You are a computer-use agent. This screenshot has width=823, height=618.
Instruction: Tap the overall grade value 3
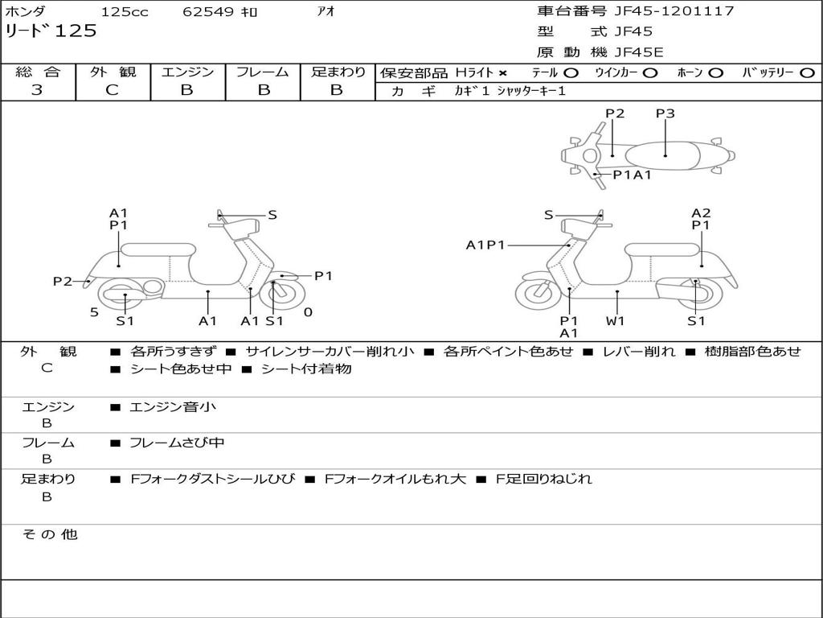point(37,90)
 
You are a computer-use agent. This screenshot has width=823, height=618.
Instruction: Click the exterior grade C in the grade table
point(113,90)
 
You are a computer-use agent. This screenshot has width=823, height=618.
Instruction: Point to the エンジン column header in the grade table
point(188,72)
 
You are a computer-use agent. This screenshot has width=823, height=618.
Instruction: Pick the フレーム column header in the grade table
point(263,72)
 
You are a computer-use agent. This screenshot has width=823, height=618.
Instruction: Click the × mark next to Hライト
point(502,72)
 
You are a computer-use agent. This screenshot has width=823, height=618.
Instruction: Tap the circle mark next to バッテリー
point(807,72)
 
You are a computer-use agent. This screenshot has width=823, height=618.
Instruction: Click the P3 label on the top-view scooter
point(665,113)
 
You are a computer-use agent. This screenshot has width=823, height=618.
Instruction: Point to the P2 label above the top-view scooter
point(615,113)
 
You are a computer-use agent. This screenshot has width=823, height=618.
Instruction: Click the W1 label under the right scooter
point(616,320)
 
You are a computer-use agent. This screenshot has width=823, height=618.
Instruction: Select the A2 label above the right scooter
point(701,213)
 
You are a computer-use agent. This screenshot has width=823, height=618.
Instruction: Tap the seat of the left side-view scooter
point(157,249)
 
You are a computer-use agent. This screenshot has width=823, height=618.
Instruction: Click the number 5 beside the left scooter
point(94,312)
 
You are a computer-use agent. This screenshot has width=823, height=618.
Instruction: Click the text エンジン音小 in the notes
point(173,407)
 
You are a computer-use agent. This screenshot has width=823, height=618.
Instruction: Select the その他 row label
point(50,534)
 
